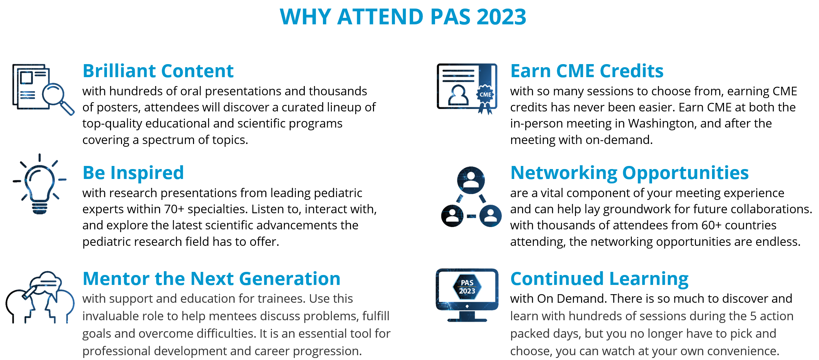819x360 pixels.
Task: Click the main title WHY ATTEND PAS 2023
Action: [403, 17]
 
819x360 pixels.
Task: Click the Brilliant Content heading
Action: [158, 71]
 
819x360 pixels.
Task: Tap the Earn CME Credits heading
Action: [587, 71]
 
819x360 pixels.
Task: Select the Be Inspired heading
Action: [133, 173]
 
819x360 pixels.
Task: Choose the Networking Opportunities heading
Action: [629, 173]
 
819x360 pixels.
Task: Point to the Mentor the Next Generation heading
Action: [212, 278]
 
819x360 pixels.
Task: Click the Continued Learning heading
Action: [599, 279]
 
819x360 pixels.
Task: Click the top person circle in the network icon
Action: [471, 180]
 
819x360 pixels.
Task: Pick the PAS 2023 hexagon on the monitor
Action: [467, 287]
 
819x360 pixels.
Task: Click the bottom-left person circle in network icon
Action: [452, 216]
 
